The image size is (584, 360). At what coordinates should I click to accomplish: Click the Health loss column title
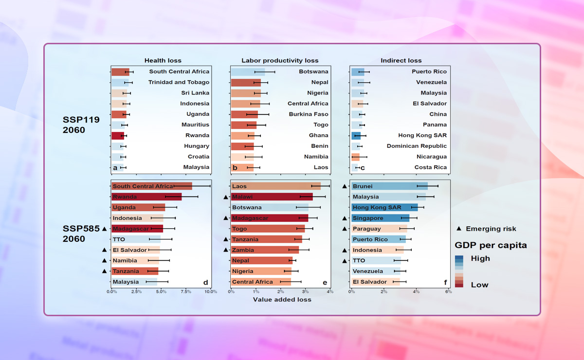[x=163, y=60]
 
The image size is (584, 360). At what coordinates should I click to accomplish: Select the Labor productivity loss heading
[x=280, y=60]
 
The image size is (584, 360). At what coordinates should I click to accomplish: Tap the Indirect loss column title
[x=401, y=60]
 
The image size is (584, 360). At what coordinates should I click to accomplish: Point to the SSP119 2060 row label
[x=81, y=125]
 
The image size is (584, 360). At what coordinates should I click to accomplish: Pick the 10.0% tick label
[x=210, y=291]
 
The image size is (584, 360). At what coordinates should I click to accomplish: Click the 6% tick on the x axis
[x=448, y=291]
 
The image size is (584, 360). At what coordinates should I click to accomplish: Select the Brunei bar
[x=389, y=186]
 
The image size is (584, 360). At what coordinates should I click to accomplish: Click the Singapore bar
[x=380, y=218]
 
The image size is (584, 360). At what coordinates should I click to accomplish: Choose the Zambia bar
[x=265, y=250]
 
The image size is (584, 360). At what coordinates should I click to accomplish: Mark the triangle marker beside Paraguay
[x=345, y=229]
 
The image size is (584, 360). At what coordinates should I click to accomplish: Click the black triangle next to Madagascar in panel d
[x=104, y=229]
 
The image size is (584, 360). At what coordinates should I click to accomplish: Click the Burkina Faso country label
[x=307, y=114]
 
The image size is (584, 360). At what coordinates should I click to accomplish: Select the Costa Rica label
[x=430, y=167]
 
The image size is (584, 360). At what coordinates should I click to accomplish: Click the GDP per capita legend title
[x=491, y=245]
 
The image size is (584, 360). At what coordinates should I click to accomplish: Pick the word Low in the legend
[x=480, y=285]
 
